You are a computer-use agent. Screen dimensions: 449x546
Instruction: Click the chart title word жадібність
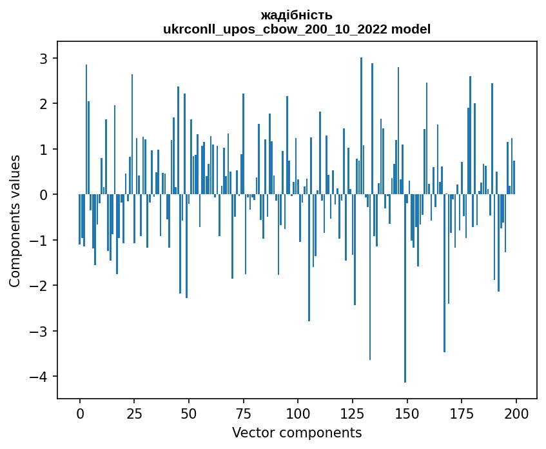[x=297, y=15]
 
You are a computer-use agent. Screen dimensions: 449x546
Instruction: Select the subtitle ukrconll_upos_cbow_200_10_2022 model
[x=297, y=29]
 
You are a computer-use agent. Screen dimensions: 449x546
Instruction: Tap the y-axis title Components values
[x=14, y=221]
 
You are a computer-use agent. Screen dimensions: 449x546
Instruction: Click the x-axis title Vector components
[x=297, y=432]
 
